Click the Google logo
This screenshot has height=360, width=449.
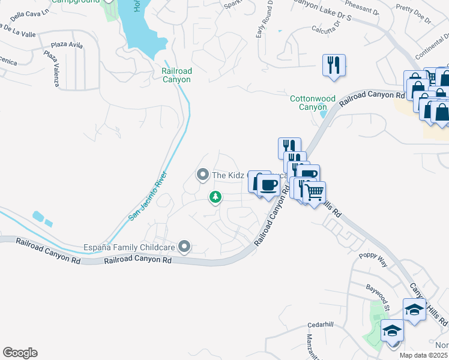coord(20,353)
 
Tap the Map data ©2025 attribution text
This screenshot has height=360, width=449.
coord(424,355)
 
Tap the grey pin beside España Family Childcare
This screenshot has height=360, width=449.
coord(185,247)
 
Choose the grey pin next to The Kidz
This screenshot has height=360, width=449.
coord(202,175)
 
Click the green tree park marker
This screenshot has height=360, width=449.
coord(215,196)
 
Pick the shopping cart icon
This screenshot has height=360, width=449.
coord(314,193)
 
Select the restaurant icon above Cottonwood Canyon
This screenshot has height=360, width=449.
coord(333,64)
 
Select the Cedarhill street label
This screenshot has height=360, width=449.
coord(320,325)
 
